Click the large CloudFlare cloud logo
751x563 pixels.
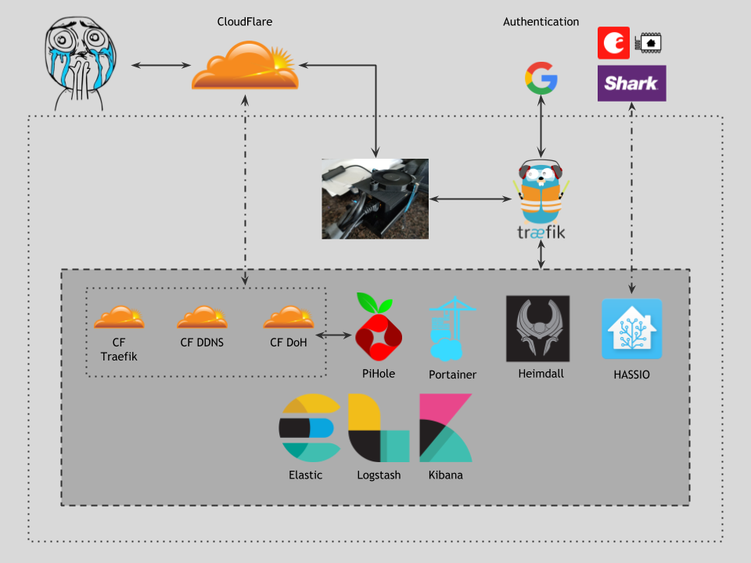coord(245,65)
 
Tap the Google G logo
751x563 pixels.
coord(541,78)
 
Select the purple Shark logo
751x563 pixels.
coord(632,84)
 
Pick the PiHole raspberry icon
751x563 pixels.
coord(379,327)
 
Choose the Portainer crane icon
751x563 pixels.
coord(452,329)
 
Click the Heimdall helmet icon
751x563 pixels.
coord(538,328)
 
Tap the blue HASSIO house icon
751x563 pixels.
coord(632,329)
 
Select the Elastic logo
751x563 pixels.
coord(310,428)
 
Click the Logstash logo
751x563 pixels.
coord(379,428)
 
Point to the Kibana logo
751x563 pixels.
coord(446,428)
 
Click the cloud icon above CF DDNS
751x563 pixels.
coord(202,317)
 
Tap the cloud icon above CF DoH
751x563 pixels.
coord(289,317)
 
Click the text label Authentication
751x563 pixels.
coord(541,22)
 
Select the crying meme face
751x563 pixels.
coord(80,63)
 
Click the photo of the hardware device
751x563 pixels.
coord(375,199)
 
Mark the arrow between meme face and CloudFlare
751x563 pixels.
coord(161,65)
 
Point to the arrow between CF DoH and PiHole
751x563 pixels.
coord(334,335)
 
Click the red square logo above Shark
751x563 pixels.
coord(613,43)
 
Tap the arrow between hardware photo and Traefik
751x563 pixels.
coord(470,199)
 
